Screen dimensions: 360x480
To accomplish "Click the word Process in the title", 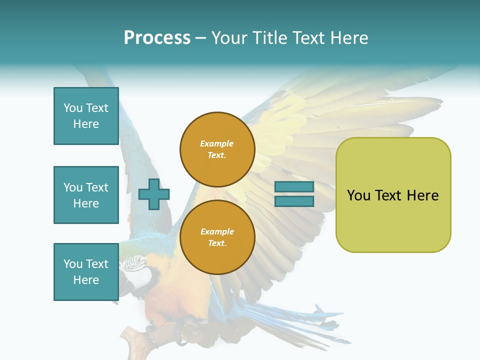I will click(157, 38).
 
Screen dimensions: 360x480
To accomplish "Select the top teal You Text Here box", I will click(86, 116).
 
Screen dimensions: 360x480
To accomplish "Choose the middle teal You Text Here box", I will click(86, 195).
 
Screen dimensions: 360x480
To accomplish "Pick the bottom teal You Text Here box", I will click(86, 272).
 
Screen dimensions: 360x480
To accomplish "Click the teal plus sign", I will click(154, 194).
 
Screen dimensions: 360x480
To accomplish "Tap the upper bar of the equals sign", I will click(294, 187).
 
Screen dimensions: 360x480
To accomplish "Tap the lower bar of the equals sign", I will click(294, 201).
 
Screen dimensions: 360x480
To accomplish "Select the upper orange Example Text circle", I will click(217, 149).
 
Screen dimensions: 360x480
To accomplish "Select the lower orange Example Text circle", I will click(217, 237).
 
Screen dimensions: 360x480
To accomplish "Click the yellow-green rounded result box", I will click(393, 195).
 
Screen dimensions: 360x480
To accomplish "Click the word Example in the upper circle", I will click(217, 144).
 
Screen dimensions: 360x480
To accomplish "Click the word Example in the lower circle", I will click(217, 232).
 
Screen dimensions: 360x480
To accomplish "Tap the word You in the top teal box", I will click(73, 108).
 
